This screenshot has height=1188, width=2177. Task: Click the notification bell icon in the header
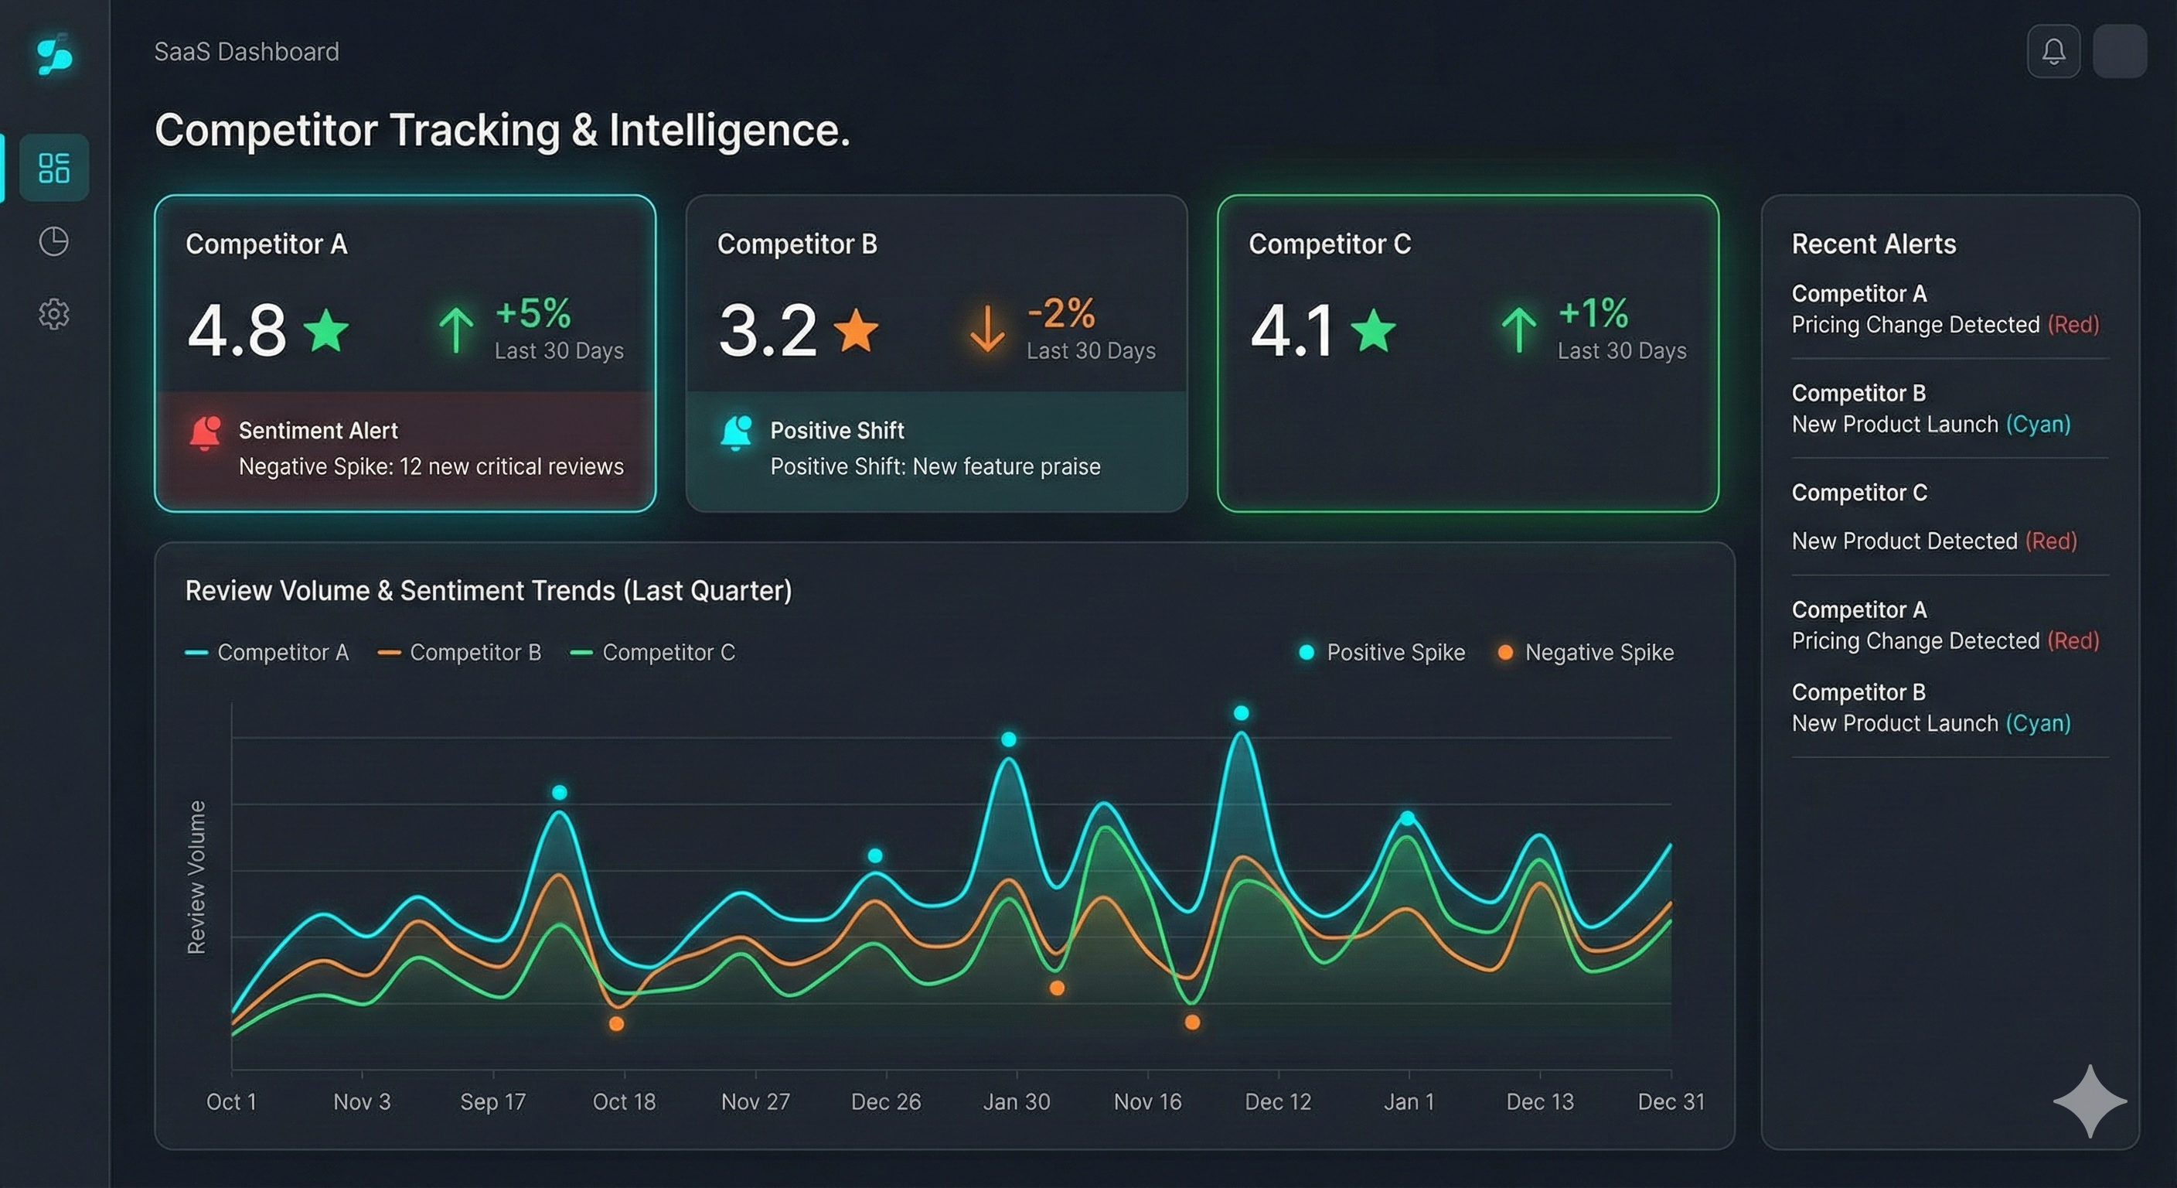tap(2053, 52)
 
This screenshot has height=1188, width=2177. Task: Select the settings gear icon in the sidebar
tap(53, 314)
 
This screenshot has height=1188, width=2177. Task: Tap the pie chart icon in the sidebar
tap(53, 241)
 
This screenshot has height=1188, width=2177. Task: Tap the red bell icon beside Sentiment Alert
tap(206, 432)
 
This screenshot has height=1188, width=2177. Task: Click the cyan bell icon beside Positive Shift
tap(736, 432)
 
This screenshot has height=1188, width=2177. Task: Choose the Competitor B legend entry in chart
tap(460, 652)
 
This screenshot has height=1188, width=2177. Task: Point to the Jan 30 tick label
tap(1016, 1101)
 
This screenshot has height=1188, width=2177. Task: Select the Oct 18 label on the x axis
tap(624, 1101)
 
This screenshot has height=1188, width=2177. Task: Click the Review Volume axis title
tap(196, 877)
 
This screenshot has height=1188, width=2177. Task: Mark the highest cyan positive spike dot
tap(1241, 713)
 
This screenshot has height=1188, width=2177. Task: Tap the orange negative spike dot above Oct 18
tap(616, 1024)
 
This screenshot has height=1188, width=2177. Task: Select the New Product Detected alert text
tap(1903, 541)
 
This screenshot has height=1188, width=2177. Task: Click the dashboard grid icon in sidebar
tap(53, 167)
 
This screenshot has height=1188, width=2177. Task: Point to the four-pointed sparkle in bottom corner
tap(2089, 1100)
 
